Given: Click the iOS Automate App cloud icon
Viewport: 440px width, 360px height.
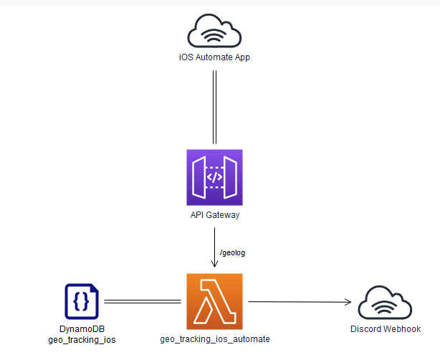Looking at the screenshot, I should [214, 32].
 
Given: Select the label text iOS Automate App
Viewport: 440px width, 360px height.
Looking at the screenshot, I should [214, 57].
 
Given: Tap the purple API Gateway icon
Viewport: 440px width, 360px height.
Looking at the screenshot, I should [214, 177].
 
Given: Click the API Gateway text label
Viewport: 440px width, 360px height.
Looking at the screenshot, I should [214, 214].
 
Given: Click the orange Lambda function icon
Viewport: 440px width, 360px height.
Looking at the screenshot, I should [214, 301].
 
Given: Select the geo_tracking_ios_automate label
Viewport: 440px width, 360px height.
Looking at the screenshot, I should [214, 338].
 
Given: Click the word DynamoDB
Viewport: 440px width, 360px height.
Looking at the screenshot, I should [81, 329].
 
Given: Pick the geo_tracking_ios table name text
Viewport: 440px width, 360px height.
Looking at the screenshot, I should [81, 339].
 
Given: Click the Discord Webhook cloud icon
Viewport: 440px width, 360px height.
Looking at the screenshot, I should [385, 303].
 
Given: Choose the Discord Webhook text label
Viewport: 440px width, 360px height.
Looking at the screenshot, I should [385, 329].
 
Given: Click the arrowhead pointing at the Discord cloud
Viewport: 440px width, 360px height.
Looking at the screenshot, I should [349, 302].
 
